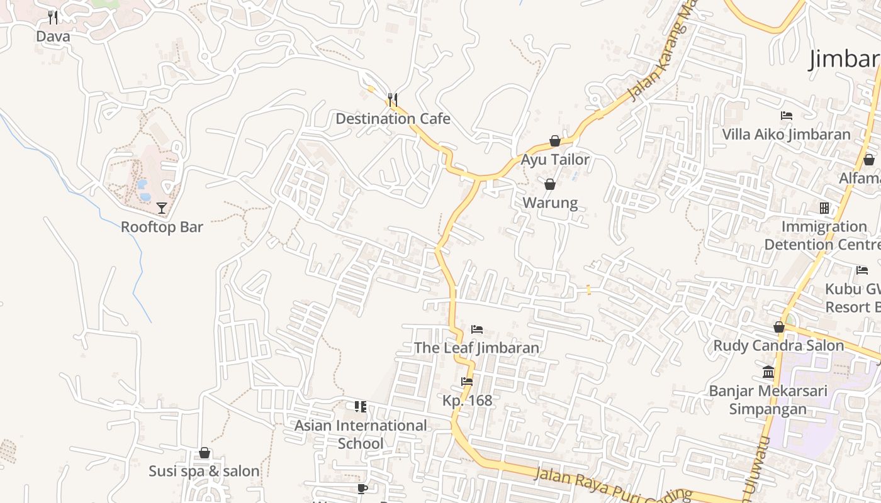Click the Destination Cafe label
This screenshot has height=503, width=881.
click(x=393, y=119)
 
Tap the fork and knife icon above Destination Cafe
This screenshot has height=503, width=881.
click(x=392, y=99)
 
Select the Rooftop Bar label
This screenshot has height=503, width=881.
click(x=162, y=227)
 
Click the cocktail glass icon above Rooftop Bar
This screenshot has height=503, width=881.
click(x=162, y=208)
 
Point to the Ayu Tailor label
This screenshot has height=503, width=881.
click(x=555, y=160)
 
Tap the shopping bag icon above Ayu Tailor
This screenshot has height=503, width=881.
click(x=555, y=141)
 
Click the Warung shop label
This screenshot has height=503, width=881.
click(x=550, y=203)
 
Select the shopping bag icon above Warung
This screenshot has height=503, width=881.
click(x=550, y=184)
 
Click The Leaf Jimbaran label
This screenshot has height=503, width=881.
click(x=476, y=348)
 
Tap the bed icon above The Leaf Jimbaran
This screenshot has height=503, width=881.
click(x=477, y=329)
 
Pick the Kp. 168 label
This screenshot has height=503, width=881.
click(x=467, y=401)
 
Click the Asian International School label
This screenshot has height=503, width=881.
click(x=361, y=434)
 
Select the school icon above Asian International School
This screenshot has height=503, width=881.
click(x=361, y=407)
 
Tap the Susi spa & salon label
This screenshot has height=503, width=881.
click(x=204, y=471)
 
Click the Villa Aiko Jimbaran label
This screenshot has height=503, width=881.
click(x=786, y=135)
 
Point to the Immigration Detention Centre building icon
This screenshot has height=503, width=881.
click(x=824, y=208)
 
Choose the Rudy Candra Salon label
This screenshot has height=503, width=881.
click(x=778, y=346)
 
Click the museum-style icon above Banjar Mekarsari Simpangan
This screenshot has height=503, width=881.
click(x=768, y=372)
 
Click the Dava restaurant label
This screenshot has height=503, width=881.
click(x=53, y=36)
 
